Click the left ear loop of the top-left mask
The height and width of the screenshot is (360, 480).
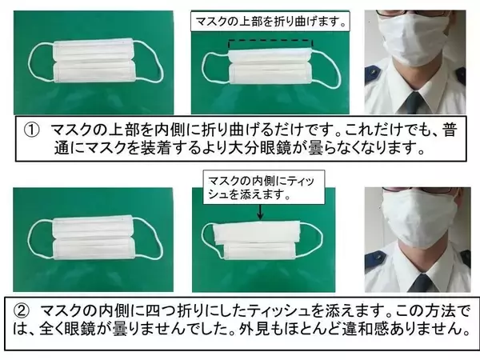coord(36,64)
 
